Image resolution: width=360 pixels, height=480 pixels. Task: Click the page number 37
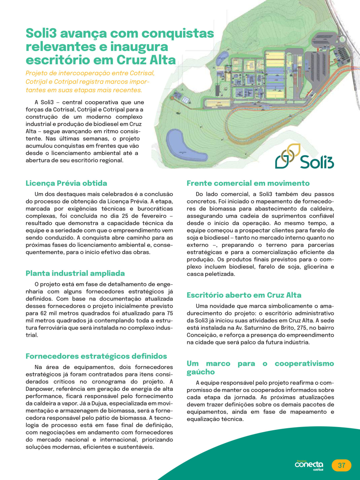click(342, 465)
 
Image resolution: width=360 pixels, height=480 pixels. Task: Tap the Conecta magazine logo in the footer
click(309, 465)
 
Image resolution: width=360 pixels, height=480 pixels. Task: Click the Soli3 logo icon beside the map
click(287, 156)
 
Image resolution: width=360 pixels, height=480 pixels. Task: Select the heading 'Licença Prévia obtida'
click(66, 183)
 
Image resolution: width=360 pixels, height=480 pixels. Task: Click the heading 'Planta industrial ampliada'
click(75, 273)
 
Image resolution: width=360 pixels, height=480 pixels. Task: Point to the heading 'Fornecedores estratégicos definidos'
click(96, 356)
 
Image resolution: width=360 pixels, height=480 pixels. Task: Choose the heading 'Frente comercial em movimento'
click(248, 183)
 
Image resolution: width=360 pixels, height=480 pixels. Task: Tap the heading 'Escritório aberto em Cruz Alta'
click(244, 295)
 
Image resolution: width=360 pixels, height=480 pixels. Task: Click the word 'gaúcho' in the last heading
click(201, 372)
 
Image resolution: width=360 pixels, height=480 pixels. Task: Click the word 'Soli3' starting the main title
click(42, 33)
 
